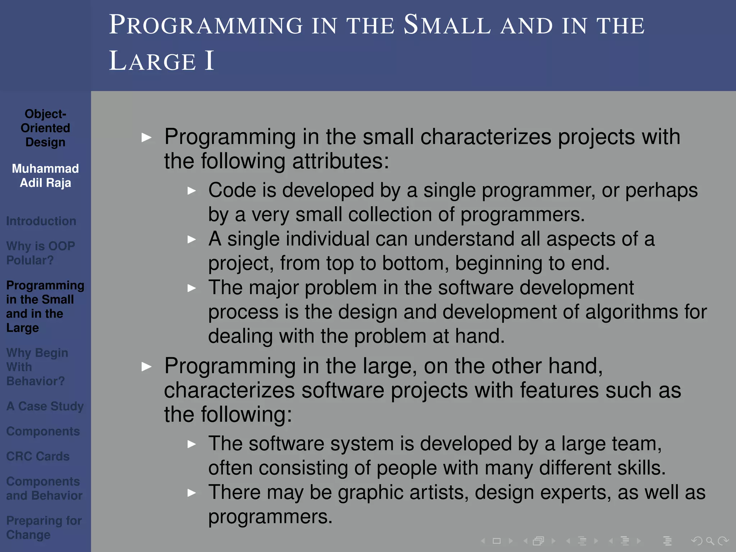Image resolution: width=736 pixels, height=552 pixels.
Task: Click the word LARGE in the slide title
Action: (x=152, y=61)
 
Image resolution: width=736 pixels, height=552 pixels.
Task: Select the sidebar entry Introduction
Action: (x=41, y=221)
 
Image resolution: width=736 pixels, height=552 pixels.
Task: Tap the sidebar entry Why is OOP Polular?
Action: (x=40, y=253)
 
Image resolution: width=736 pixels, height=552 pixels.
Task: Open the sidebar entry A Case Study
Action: (x=45, y=406)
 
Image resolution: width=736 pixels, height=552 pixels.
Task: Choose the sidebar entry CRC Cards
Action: (x=38, y=456)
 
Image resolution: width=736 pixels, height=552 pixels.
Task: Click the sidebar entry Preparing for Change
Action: (x=44, y=528)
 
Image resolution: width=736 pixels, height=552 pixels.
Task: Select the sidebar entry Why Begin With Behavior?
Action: (x=37, y=367)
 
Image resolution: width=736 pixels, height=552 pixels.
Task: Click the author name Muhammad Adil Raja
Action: (x=45, y=176)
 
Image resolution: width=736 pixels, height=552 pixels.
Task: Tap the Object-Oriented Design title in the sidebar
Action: (x=45, y=128)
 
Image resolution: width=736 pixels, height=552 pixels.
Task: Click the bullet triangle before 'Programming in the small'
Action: (x=146, y=137)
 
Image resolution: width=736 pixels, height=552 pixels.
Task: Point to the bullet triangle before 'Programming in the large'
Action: (x=146, y=367)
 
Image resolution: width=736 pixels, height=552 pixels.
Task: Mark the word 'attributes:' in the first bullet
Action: (x=340, y=161)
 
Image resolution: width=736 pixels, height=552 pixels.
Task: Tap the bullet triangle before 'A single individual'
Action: (x=192, y=239)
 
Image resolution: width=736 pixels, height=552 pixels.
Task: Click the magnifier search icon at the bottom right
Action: (x=710, y=541)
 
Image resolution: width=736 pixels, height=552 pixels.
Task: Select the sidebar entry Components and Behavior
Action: (x=44, y=488)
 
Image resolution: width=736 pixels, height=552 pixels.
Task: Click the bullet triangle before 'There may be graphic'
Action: (x=192, y=493)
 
